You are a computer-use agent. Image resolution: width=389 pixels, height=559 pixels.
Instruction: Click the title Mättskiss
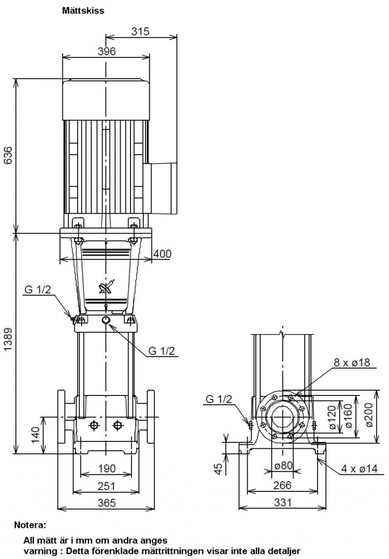83,11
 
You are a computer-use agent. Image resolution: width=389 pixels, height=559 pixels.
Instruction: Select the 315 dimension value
140,31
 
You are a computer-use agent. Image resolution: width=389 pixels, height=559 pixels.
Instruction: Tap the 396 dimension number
107,51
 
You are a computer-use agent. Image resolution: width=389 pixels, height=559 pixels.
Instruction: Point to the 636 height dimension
8,155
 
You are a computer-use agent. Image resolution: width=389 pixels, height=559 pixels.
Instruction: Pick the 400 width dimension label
162,254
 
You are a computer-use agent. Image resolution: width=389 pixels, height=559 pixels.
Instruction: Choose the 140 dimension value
36,435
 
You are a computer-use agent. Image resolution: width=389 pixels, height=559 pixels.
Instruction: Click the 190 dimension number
107,468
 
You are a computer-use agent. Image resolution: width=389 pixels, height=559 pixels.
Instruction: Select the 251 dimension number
106,486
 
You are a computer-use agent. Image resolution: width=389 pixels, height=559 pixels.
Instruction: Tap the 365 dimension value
106,502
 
